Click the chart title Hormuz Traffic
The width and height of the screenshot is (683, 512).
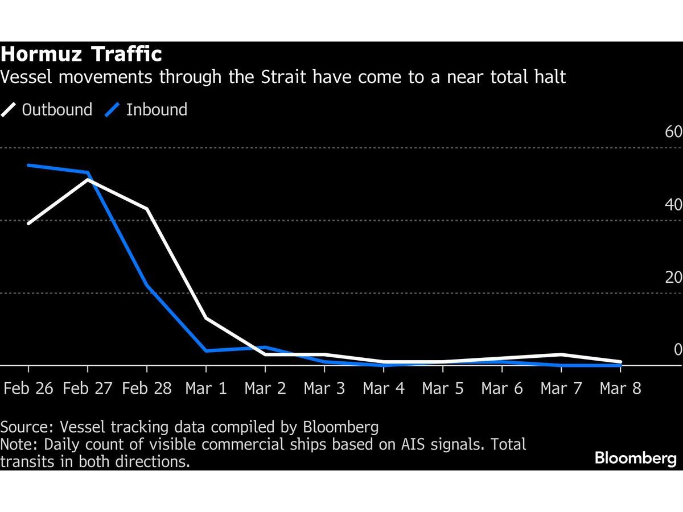click(81, 55)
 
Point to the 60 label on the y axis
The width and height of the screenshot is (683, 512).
click(673, 132)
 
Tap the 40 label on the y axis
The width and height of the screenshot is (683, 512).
click(673, 205)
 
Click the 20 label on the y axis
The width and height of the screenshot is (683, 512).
click(673, 277)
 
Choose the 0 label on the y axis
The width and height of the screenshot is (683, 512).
click(678, 350)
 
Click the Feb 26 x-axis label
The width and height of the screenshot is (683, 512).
click(28, 389)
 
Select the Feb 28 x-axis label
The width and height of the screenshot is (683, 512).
click(147, 389)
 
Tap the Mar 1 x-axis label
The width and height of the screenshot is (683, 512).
click(206, 389)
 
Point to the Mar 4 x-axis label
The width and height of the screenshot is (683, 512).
click(384, 389)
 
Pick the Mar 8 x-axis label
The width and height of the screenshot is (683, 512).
click(620, 389)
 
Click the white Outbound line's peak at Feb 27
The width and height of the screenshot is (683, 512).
click(87, 180)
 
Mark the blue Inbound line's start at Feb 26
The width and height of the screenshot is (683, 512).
click(28, 165)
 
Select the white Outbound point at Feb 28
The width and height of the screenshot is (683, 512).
click(147, 209)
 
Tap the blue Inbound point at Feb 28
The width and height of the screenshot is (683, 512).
click(147, 285)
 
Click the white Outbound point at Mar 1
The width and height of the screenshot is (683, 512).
click(206, 318)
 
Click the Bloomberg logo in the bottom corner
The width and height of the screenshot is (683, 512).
click(636, 459)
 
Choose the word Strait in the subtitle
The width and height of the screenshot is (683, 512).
click(285, 77)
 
